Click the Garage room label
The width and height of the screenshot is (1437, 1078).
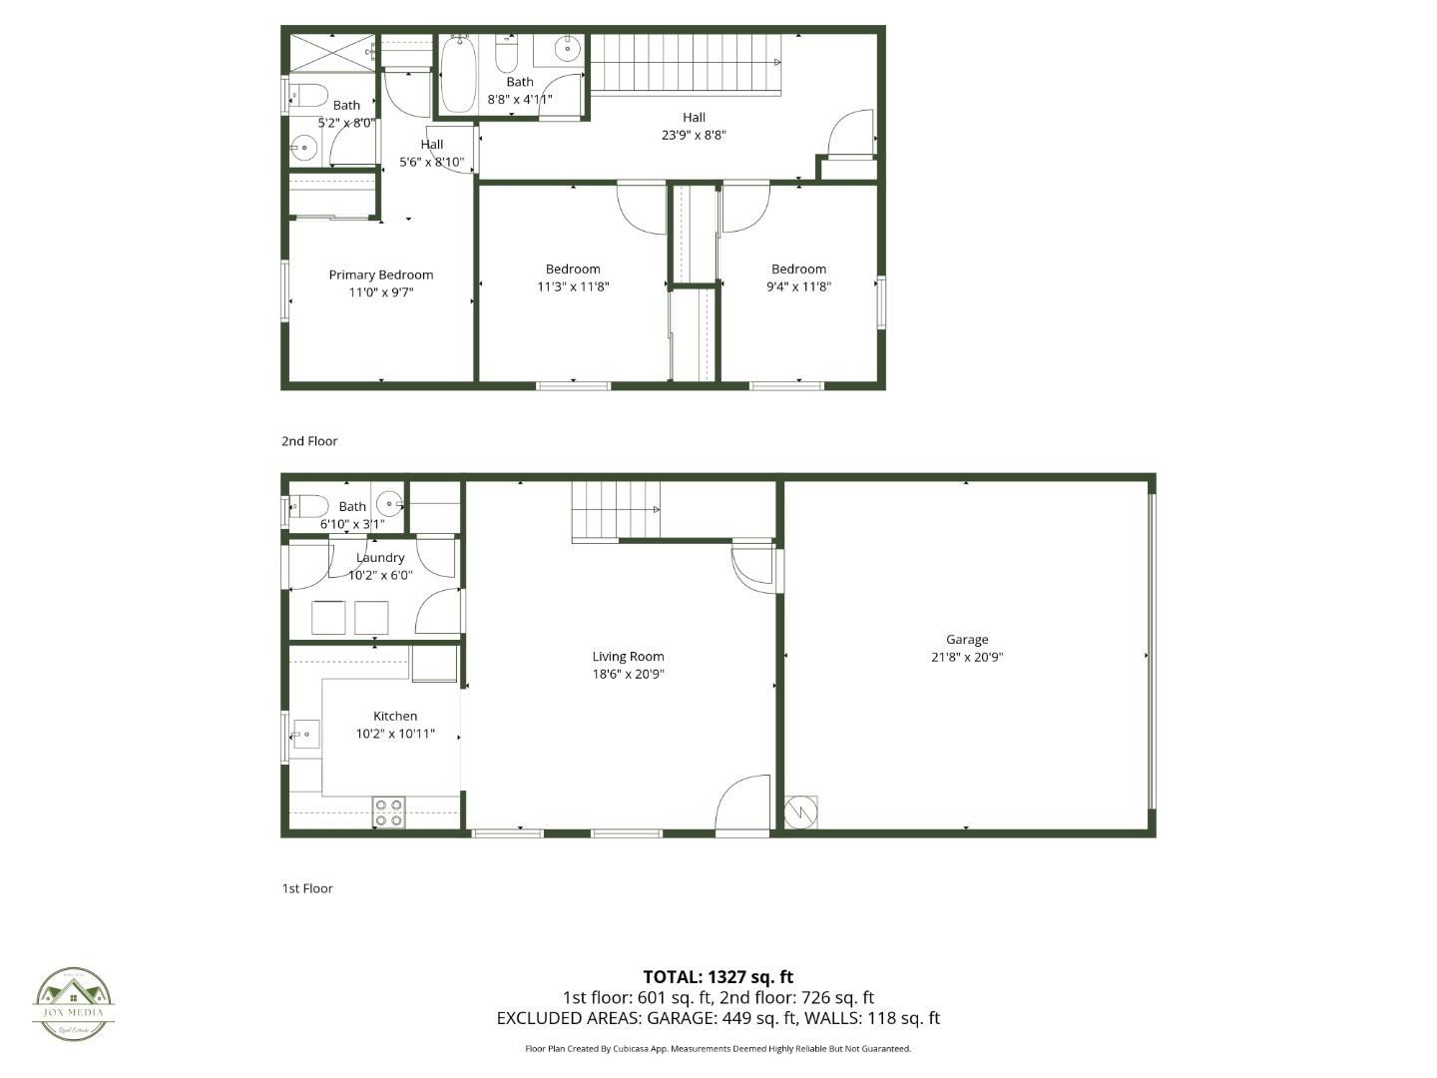[x=967, y=640]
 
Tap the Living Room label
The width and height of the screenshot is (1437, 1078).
[x=628, y=657]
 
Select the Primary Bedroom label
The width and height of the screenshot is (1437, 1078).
[x=381, y=275]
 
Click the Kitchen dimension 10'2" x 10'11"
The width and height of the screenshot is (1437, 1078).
[x=395, y=734]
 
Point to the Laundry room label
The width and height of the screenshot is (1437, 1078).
[x=380, y=558]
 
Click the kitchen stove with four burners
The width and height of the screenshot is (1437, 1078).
[x=388, y=812]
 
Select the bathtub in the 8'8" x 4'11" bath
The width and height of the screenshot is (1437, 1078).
[x=458, y=75]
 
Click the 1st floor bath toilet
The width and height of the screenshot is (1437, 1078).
[x=310, y=506]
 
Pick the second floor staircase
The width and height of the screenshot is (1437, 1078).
[x=686, y=62]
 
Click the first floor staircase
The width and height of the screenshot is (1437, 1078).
[x=616, y=510]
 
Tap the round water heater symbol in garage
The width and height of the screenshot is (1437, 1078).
[x=799, y=811]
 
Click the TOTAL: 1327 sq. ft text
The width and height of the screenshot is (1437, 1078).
[x=718, y=977]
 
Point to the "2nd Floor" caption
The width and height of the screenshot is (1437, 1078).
[x=309, y=441]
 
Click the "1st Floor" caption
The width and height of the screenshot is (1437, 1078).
[x=307, y=888]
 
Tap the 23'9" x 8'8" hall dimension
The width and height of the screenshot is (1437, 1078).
[x=694, y=135]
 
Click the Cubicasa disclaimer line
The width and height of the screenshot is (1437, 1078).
[x=718, y=1049]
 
